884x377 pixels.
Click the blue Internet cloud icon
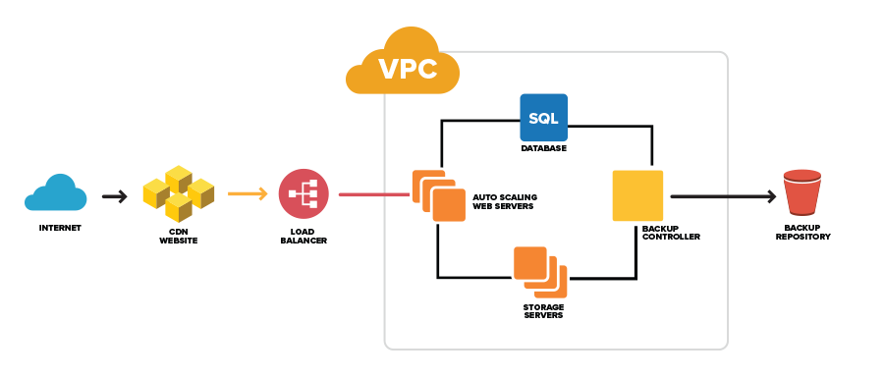click(56, 193)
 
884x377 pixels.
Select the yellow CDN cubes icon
click(178, 193)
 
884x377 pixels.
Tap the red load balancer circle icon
click(303, 193)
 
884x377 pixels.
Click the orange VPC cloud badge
click(405, 64)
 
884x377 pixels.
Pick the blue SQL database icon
click(543, 119)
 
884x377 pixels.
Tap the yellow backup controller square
click(637, 195)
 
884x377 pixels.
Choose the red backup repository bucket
click(801, 192)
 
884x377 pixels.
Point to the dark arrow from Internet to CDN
click(114, 196)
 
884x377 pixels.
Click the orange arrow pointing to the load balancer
click(248, 194)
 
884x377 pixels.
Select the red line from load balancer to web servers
click(373, 194)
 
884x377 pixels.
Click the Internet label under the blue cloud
click(60, 228)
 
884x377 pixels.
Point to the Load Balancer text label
click(304, 235)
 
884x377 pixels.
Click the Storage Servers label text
click(543, 311)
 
